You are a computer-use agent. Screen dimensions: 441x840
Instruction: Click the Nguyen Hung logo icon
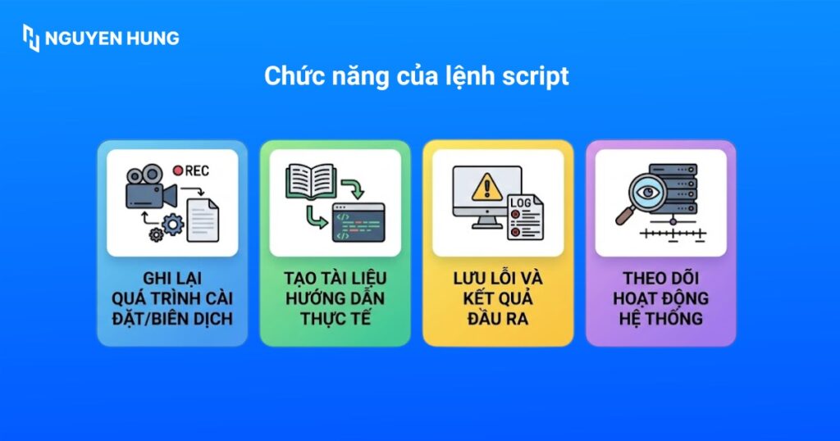(x=31, y=38)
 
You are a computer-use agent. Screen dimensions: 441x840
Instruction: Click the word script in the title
(x=535, y=77)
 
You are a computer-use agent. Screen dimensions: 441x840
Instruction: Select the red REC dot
(x=177, y=170)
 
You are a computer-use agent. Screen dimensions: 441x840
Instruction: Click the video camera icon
(x=150, y=190)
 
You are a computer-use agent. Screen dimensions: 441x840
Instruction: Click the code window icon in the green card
(x=358, y=222)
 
